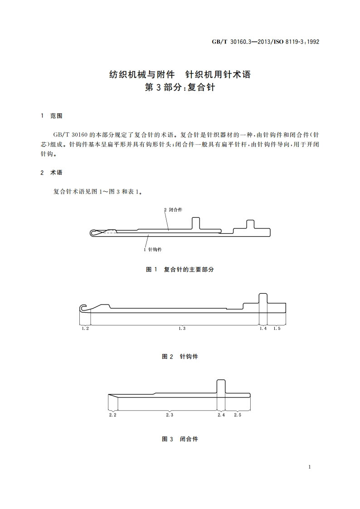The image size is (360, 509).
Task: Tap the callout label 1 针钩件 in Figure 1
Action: (153, 249)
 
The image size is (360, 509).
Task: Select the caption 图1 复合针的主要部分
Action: (180, 269)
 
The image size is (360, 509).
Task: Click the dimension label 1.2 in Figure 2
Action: (85, 329)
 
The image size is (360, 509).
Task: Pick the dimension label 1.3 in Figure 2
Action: (182, 329)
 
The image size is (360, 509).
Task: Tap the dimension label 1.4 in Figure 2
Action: (263, 329)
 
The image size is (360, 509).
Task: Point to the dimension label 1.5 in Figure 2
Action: (277, 329)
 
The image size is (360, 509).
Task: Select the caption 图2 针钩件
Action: (180, 357)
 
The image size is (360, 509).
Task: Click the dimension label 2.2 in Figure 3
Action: (113, 415)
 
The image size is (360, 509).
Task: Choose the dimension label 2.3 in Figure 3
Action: (170, 415)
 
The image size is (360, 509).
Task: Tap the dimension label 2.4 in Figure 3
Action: (221, 415)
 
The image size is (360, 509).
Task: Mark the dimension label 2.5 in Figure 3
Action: (237, 415)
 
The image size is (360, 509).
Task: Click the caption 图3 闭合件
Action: (180, 439)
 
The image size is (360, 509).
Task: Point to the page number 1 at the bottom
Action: (309, 467)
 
